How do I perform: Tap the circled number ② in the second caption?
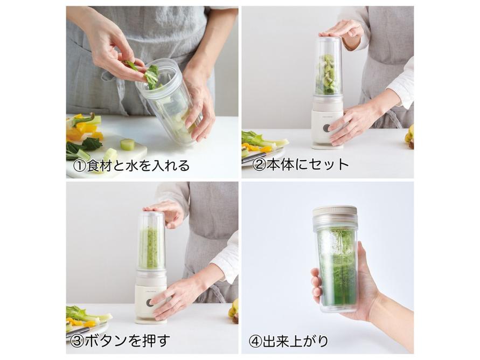pos(259,165)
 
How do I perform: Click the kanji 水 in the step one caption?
pos(132,165)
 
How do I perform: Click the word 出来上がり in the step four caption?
pos(295,341)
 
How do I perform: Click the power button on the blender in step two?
pos(326,129)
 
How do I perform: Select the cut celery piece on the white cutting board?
pos(127,145)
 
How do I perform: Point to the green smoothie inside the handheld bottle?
pos(337,269)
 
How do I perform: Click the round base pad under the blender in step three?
pos(151,321)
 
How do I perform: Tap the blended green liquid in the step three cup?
pos(149,248)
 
